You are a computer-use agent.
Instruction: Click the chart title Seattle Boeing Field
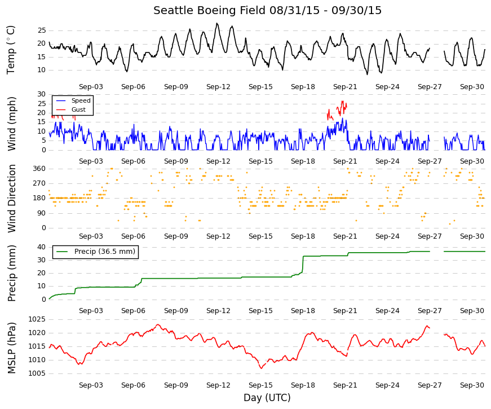(210, 10)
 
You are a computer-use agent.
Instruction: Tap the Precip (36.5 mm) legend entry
(95, 252)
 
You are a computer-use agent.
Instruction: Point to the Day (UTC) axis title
(267, 398)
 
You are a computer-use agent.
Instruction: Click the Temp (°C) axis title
(11, 50)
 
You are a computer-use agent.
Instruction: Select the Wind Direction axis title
(12, 199)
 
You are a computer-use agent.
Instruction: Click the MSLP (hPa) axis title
(12, 348)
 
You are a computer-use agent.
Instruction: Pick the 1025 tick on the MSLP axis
(37, 319)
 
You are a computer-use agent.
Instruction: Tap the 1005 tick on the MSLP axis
(37, 373)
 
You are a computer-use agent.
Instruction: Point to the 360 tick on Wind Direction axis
(39, 169)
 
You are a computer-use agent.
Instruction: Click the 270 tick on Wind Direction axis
(39, 183)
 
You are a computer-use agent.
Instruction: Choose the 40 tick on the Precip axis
(42, 247)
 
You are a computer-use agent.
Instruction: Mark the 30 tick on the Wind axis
(42, 94)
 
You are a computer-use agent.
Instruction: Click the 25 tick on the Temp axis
(42, 30)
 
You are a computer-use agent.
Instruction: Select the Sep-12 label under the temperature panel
(218, 87)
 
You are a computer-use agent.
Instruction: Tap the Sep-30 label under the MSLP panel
(472, 385)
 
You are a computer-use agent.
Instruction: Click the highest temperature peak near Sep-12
(217, 23)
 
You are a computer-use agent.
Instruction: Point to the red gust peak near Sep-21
(342, 101)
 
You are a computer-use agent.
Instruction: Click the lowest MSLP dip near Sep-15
(261, 368)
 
